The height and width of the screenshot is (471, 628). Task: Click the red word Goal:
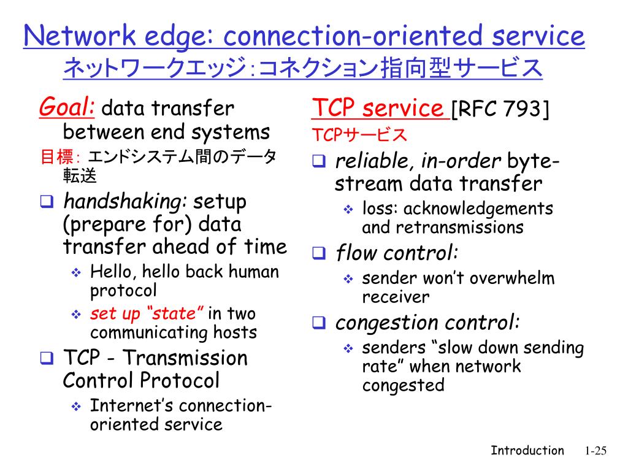click(66, 109)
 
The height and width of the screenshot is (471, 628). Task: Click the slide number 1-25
click(595, 451)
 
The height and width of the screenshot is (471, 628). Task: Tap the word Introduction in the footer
click(527, 451)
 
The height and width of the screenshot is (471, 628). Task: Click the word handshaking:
click(126, 201)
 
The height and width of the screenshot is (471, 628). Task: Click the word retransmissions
click(459, 228)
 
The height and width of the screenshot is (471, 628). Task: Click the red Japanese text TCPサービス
click(359, 134)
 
